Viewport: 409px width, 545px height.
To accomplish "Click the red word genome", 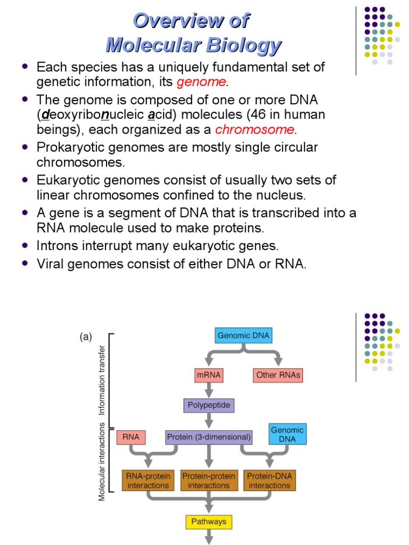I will pyautogui.click(x=201, y=82).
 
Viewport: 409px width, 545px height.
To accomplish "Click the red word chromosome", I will pyautogui.click(x=255, y=129).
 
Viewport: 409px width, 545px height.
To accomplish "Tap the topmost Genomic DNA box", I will pyautogui.click(x=243, y=336).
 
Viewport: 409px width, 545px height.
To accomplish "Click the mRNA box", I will pyautogui.click(x=209, y=375).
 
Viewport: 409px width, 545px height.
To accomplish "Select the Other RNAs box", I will pyautogui.click(x=278, y=375).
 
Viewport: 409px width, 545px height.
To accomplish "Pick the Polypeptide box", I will pyautogui.click(x=209, y=405).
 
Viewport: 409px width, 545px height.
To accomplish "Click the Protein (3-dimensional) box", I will pyautogui.click(x=209, y=437).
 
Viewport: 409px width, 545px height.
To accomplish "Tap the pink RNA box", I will pyautogui.click(x=130, y=437).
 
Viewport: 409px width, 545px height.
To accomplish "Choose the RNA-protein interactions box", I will pyautogui.click(x=148, y=481).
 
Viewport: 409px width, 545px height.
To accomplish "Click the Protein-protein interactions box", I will pyautogui.click(x=209, y=481).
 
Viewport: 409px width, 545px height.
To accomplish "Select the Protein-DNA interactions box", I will pyautogui.click(x=270, y=481).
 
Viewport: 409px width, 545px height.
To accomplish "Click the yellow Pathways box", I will pyautogui.click(x=209, y=522).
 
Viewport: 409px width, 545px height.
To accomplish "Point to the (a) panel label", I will pyautogui.click(x=86, y=336).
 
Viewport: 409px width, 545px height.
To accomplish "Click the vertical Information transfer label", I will pyautogui.click(x=101, y=379).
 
